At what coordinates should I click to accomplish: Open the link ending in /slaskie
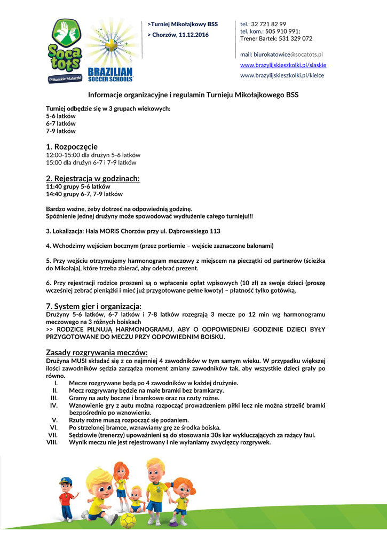pyautogui.click(x=283, y=65)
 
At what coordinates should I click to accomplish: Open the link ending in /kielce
pyautogui.click(x=282, y=75)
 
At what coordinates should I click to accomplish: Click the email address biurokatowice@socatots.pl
pyautogui.click(x=281, y=54)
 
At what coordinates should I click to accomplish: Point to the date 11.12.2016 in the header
pyautogui.click(x=194, y=35)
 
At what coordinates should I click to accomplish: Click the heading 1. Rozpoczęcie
pyautogui.click(x=72, y=146)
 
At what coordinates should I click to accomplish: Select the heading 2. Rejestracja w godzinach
pyautogui.click(x=92, y=178)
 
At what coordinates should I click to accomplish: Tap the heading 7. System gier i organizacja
pyautogui.click(x=93, y=306)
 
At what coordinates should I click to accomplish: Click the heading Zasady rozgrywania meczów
pyautogui.click(x=97, y=352)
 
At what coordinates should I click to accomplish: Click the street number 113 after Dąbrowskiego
pyautogui.click(x=215, y=231)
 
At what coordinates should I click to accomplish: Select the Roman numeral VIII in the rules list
pyautogui.click(x=52, y=442)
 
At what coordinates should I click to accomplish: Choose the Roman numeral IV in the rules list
pyautogui.click(x=53, y=405)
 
